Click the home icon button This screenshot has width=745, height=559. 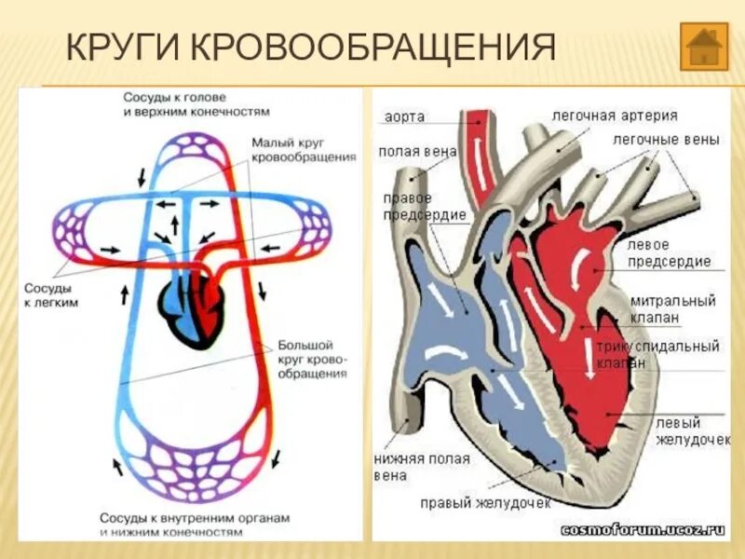703,46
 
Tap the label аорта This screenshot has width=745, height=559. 405,117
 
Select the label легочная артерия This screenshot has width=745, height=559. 615,116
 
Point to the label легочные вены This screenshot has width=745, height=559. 666,140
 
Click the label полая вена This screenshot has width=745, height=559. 404,151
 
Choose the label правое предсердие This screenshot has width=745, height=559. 411,206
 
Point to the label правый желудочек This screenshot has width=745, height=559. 484,502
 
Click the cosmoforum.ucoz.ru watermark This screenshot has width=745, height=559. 642,529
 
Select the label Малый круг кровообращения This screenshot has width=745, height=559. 303,150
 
